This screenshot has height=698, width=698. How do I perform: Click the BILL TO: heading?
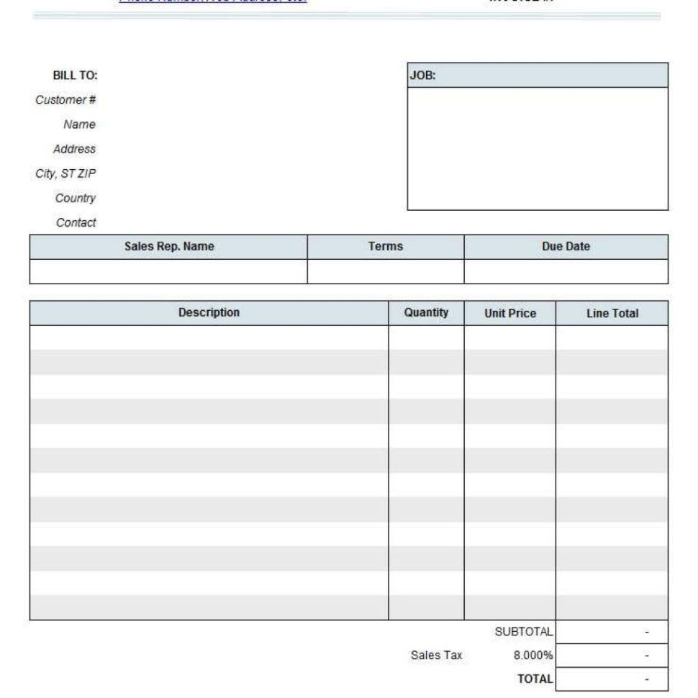tap(75, 76)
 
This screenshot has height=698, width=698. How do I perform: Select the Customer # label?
tap(65, 100)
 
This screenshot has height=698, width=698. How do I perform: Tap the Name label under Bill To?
tap(79, 124)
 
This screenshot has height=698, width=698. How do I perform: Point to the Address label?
tap(74, 149)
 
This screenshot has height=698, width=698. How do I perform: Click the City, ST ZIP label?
tap(65, 173)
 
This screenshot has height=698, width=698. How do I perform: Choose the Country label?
tap(76, 198)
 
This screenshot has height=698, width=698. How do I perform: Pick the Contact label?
tap(76, 222)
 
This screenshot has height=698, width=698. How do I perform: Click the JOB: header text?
tap(423, 76)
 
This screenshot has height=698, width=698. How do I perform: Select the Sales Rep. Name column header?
tap(169, 246)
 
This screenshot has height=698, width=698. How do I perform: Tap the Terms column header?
tap(386, 246)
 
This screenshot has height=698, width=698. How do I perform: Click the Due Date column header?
tap(566, 246)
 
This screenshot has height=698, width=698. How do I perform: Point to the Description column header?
tap(209, 312)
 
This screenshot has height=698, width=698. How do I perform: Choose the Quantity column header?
tap(426, 312)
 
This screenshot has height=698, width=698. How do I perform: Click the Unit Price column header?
tap(510, 313)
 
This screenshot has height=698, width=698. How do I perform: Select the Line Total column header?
tap(612, 313)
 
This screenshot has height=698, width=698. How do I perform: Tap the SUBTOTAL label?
tap(524, 631)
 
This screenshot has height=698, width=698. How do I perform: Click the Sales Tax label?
tap(436, 655)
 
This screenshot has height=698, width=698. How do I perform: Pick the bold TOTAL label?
tap(535, 678)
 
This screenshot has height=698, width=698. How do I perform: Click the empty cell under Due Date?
tap(566, 271)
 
